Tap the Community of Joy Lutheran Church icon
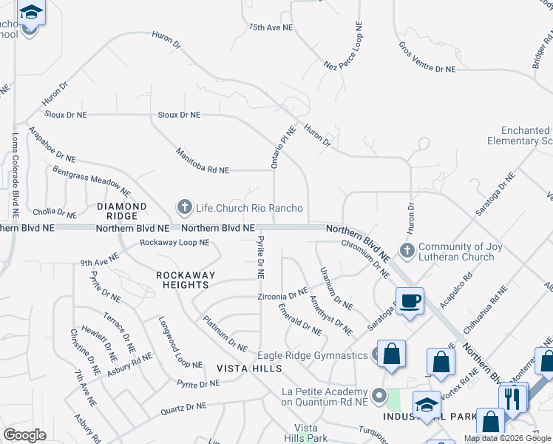click(x=406, y=251)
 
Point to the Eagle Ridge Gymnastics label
click(x=313, y=355)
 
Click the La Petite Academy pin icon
click(x=380, y=396)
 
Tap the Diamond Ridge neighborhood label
click(x=118, y=211)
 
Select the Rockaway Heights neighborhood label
click(x=186, y=280)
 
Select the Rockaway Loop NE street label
click(x=174, y=242)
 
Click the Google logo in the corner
click(x=24, y=435)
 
